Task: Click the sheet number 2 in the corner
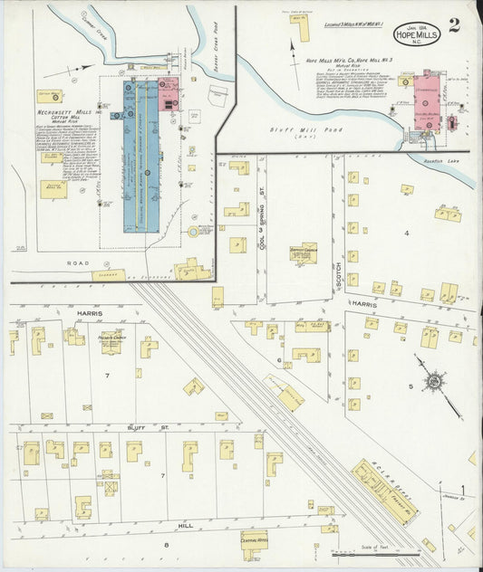point(453,25)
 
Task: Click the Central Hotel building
point(255,540)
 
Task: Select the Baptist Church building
point(304,253)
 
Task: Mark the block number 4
point(407,234)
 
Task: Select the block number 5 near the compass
point(410,387)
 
